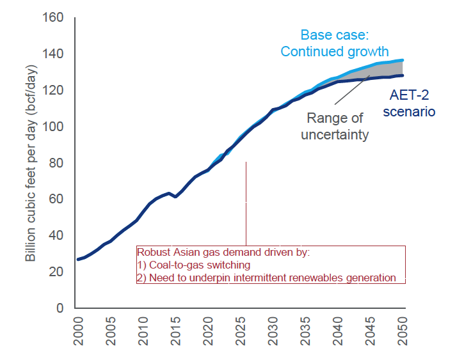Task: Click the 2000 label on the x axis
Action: coord(78,332)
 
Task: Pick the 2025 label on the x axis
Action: coord(241,332)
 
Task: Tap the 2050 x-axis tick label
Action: coord(404,332)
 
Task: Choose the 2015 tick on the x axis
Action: coord(175,332)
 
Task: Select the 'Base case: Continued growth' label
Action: coord(335,43)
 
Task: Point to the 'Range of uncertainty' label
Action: coord(335,126)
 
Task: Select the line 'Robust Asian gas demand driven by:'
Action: coord(223,252)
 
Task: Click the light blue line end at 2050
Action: coord(403,60)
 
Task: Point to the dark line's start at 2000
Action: coord(78,259)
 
